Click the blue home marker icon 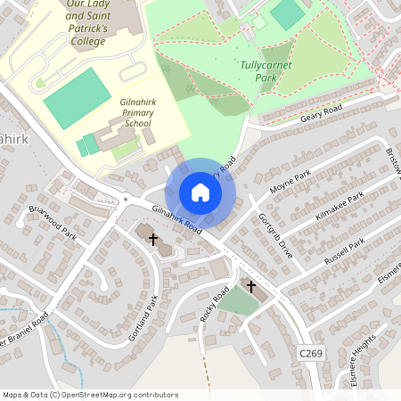(200, 192)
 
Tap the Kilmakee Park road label (339, 210)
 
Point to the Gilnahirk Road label (177, 219)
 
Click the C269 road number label (310, 354)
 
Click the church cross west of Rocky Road (153, 239)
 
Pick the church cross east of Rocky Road (250, 287)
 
